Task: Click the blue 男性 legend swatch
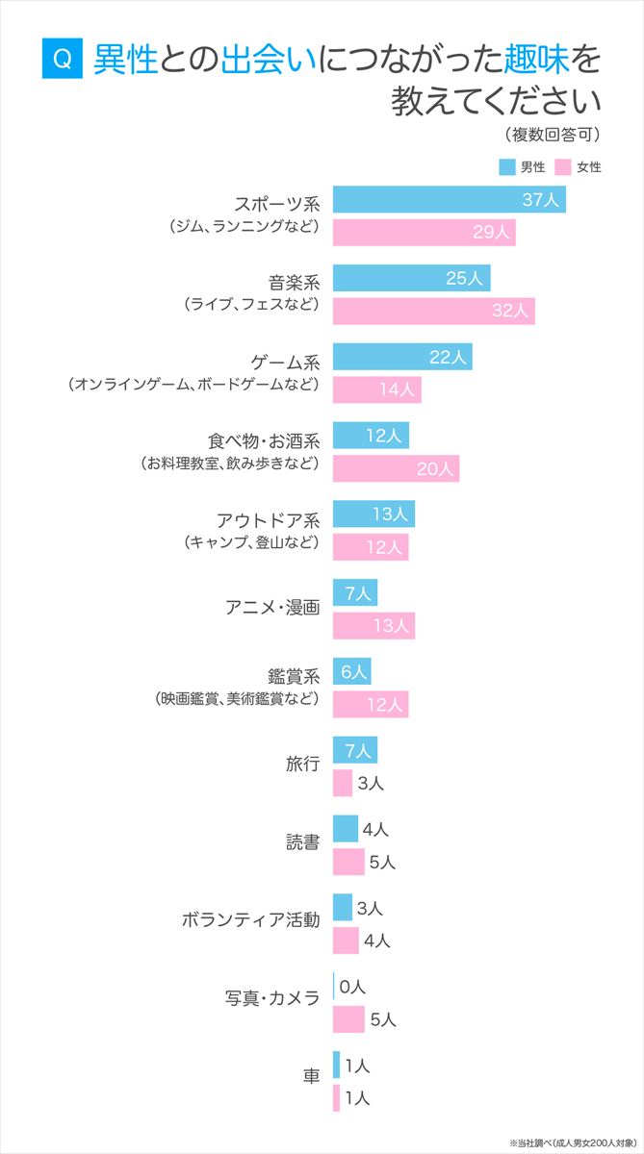pyautogui.click(x=507, y=166)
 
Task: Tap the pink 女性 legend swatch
pyautogui.click(x=563, y=166)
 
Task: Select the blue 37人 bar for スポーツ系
pyautogui.click(x=449, y=200)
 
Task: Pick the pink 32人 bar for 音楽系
pyautogui.click(x=433, y=311)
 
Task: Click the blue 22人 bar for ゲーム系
pyautogui.click(x=402, y=357)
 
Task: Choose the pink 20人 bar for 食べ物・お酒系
pyautogui.click(x=396, y=468)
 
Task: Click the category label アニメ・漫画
pyautogui.click(x=272, y=608)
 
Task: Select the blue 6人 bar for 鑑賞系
pyautogui.click(x=351, y=671)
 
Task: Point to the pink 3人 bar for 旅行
pyautogui.click(x=343, y=783)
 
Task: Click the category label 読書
pyautogui.click(x=302, y=843)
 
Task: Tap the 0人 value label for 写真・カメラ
pyautogui.click(x=353, y=987)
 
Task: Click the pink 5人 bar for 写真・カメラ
pyautogui.click(x=348, y=1019)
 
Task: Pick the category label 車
pyautogui.click(x=311, y=1076)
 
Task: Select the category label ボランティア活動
pyautogui.click(x=250, y=920)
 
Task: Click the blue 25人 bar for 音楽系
pyautogui.click(x=411, y=278)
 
